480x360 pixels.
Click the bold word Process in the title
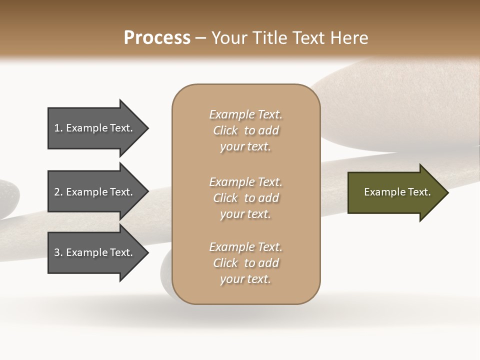pyautogui.click(x=157, y=37)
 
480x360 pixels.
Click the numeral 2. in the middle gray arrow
pyautogui.click(x=58, y=192)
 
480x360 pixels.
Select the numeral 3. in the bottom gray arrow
pyautogui.click(x=58, y=252)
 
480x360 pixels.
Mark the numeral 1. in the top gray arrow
pyautogui.click(x=58, y=128)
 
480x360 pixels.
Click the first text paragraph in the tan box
pyautogui.click(x=245, y=130)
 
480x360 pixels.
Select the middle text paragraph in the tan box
pyautogui.click(x=245, y=198)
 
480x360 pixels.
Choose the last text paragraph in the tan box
pyautogui.click(x=245, y=263)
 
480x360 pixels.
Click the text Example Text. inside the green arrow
pyautogui.click(x=397, y=192)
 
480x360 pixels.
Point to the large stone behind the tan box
pyautogui.click(x=380, y=110)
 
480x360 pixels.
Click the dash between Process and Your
pyautogui.click(x=200, y=38)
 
